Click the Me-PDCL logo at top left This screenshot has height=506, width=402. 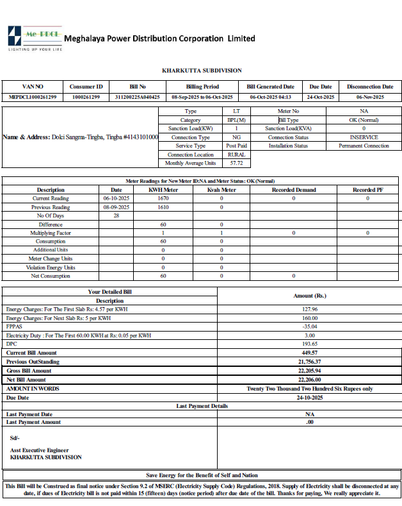33,38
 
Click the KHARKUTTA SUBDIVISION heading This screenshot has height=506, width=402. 202,71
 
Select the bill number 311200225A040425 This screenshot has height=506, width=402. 138,97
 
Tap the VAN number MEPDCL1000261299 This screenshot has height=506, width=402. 33,97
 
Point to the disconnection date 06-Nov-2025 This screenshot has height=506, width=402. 370,97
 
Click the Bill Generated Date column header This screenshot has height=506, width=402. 270,87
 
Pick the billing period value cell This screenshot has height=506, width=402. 202,97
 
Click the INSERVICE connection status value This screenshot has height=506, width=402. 364,137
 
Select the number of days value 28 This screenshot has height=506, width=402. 117,216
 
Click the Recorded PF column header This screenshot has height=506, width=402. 367,190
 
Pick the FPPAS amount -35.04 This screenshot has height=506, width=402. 310,326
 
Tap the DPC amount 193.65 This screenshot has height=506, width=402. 310,344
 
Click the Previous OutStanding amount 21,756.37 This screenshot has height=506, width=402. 310,362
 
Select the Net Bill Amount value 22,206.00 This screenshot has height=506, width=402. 310,380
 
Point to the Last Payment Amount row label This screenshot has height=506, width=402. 33,422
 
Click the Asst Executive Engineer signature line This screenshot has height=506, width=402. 39,450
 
